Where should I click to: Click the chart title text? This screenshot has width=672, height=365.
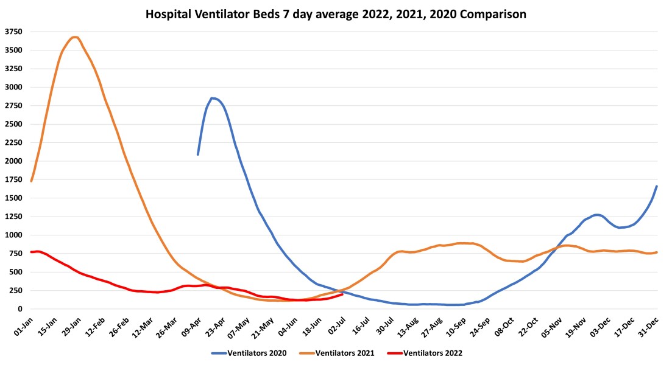pos(336,13)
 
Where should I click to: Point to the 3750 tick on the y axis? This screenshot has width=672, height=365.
pos(14,32)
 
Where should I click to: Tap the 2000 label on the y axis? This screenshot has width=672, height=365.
pos(14,161)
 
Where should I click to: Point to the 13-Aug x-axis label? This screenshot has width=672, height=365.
pos(407,323)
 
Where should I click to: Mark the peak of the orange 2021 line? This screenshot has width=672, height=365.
pos(74,37)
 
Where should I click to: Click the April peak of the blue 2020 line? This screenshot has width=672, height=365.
pos(212,98)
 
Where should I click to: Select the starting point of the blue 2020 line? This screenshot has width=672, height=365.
pos(198,154)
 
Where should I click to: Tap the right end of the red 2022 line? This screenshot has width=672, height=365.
pos(342,294)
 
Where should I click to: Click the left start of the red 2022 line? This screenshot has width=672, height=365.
pos(31,252)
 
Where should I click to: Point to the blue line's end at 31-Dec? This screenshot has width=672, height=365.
pos(657,186)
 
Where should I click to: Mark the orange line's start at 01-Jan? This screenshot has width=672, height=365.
pos(31,181)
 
